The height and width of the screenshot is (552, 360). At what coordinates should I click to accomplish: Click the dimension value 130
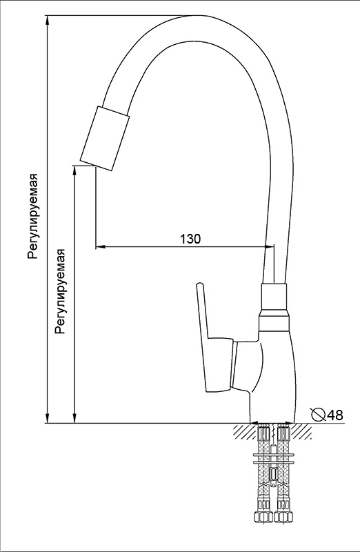click(190, 239)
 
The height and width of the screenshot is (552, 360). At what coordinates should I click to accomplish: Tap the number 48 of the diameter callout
click(334, 415)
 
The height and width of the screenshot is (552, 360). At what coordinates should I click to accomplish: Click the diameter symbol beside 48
click(319, 415)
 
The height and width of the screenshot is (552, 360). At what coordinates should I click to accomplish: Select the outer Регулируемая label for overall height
click(33, 216)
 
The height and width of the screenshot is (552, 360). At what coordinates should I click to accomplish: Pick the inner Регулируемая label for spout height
click(61, 291)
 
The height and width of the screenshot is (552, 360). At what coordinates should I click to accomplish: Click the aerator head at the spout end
click(105, 138)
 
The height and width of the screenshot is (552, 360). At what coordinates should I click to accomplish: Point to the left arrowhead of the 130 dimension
click(101, 246)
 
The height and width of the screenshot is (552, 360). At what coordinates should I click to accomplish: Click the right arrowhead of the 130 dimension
click(269, 246)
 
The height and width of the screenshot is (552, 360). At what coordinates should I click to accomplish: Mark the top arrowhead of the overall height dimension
click(48, 21)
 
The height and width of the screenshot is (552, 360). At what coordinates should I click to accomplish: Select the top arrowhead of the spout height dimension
click(74, 170)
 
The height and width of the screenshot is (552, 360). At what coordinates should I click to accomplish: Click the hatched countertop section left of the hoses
click(244, 431)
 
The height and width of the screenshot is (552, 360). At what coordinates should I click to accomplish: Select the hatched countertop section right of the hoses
click(301, 431)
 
